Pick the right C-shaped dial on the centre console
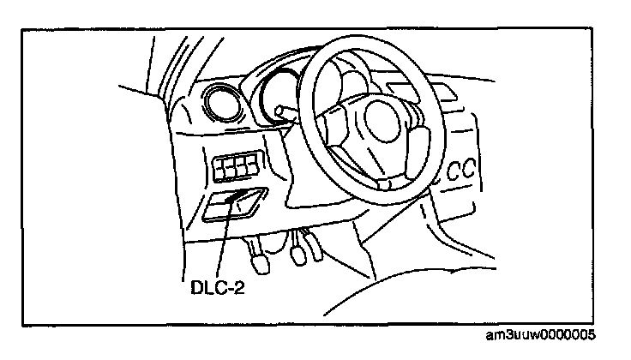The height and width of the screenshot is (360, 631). point(470,168)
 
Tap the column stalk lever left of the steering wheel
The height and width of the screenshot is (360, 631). point(291,116)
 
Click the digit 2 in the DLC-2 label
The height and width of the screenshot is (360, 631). point(240,289)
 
